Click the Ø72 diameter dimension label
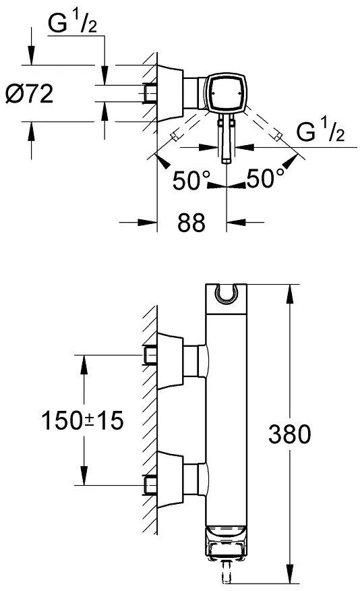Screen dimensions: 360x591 (30, 94)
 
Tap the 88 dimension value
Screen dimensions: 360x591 (191, 223)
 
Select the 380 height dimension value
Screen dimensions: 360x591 (290, 434)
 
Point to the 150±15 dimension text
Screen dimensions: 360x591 (82, 420)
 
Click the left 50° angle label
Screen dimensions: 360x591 (191, 180)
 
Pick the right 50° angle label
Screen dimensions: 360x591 (265, 178)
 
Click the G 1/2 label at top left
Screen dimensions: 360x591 (73, 24)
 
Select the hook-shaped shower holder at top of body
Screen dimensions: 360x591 (226, 294)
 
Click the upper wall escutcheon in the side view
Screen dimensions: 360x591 (170, 361)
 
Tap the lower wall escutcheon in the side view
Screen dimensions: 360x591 (170, 480)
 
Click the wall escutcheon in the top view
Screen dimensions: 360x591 (170, 93)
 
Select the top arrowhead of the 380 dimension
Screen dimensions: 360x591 (290, 293)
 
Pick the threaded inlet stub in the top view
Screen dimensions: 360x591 (150, 92)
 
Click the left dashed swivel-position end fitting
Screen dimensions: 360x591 (174, 136)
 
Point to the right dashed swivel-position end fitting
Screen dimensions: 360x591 (278, 136)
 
